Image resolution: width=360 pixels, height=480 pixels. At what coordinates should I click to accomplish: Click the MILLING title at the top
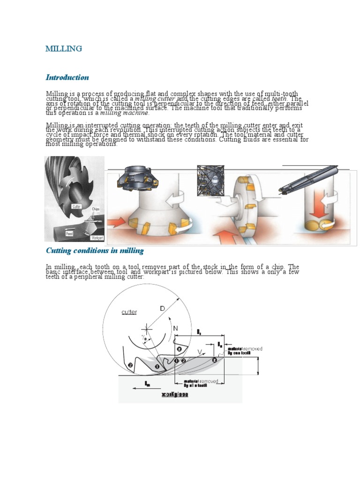pyautogui.click(x=63, y=49)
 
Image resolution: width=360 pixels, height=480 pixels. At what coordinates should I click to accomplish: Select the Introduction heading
pyautogui.click(x=67, y=77)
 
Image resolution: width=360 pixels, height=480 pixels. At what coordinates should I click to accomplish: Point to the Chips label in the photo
pyautogui.click(x=96, y=209)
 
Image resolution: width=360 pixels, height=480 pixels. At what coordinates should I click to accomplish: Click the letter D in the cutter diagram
pyautogui.click(x=162, y=308)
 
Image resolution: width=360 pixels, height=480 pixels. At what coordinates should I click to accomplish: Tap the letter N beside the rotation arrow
pyautogui.click(x=176, y=330)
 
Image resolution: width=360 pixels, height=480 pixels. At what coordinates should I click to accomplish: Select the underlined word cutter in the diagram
pyautogui.click(x=129, y=312)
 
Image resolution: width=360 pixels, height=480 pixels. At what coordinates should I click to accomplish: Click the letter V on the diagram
pyautogui.click(x=201, y=351)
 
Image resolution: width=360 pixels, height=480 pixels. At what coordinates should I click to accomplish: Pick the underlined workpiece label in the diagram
pyautogui.click(x=175, y=395)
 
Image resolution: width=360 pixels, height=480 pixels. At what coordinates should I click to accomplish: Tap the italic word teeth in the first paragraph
pyautogui.click(x=283, y=99)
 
